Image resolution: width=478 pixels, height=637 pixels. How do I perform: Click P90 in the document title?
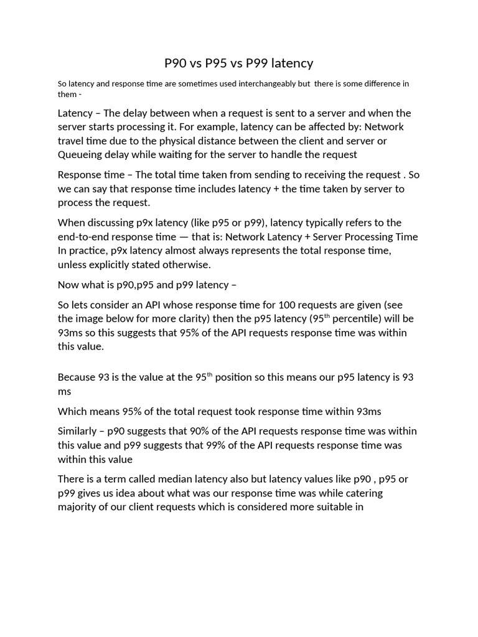tap(177, 63)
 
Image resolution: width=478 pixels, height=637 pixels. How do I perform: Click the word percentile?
tap(350, 319)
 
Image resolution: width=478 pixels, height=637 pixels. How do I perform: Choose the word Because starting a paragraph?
tap(77, 377)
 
